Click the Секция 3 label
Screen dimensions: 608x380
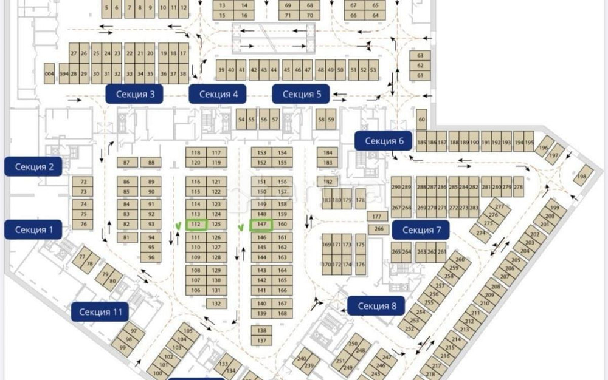[x=134, y=94]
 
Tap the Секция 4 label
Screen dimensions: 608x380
[x=218, y=94]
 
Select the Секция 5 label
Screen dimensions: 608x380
[x=301, y=94]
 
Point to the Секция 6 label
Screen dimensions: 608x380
[x=384, y=141]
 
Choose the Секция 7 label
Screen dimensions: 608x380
[x=421, y=229]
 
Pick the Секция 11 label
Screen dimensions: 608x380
[x=100, y=312]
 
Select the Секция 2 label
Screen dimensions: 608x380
[x=34, y=166]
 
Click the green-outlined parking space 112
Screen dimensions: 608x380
[x=196, y=224]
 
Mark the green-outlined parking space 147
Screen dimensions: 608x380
[x=262, y=224]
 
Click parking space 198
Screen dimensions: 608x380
[x=582, y=175]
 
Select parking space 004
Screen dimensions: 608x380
[x=49, y=73]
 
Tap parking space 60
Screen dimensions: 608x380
[x=421, y=120]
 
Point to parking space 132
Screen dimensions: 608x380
[x=216, y=302]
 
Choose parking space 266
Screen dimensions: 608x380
[x=378, y=229]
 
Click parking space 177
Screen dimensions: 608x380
[x=376, y=216]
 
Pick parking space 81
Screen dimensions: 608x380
[x=126, y=237]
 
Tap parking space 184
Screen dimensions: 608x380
[x=328, y=152]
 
